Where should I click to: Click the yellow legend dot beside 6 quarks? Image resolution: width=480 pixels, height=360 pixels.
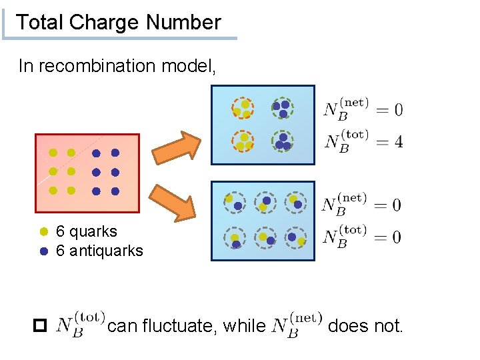[45, 232]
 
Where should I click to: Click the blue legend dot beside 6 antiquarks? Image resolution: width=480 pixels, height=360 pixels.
[45, 251]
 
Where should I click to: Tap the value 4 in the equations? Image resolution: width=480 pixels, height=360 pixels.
[398, 142]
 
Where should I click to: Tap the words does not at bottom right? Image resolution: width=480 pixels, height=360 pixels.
[366, 326]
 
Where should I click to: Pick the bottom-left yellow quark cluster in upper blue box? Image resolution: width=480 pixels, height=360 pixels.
[243, 141]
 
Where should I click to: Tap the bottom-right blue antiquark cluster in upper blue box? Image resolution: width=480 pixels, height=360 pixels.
[282, 141]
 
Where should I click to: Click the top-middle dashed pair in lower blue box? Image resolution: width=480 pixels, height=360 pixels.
[265, 203]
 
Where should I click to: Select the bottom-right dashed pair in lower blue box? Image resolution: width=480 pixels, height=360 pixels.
[295, 238]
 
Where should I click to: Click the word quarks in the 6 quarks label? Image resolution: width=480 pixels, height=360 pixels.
[93, 231]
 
